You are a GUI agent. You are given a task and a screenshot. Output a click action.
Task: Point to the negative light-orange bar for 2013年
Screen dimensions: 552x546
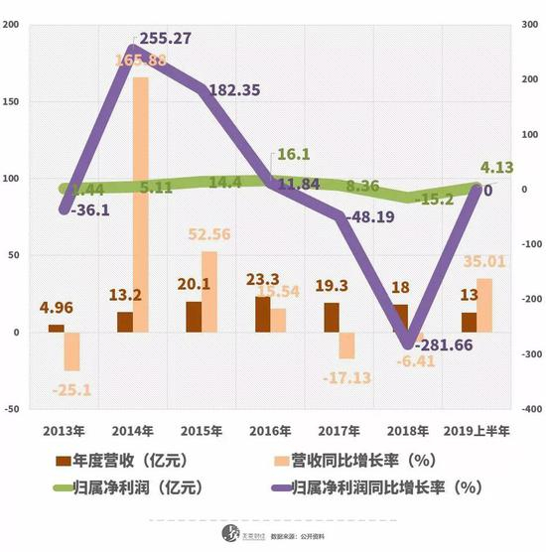coord(71,351)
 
